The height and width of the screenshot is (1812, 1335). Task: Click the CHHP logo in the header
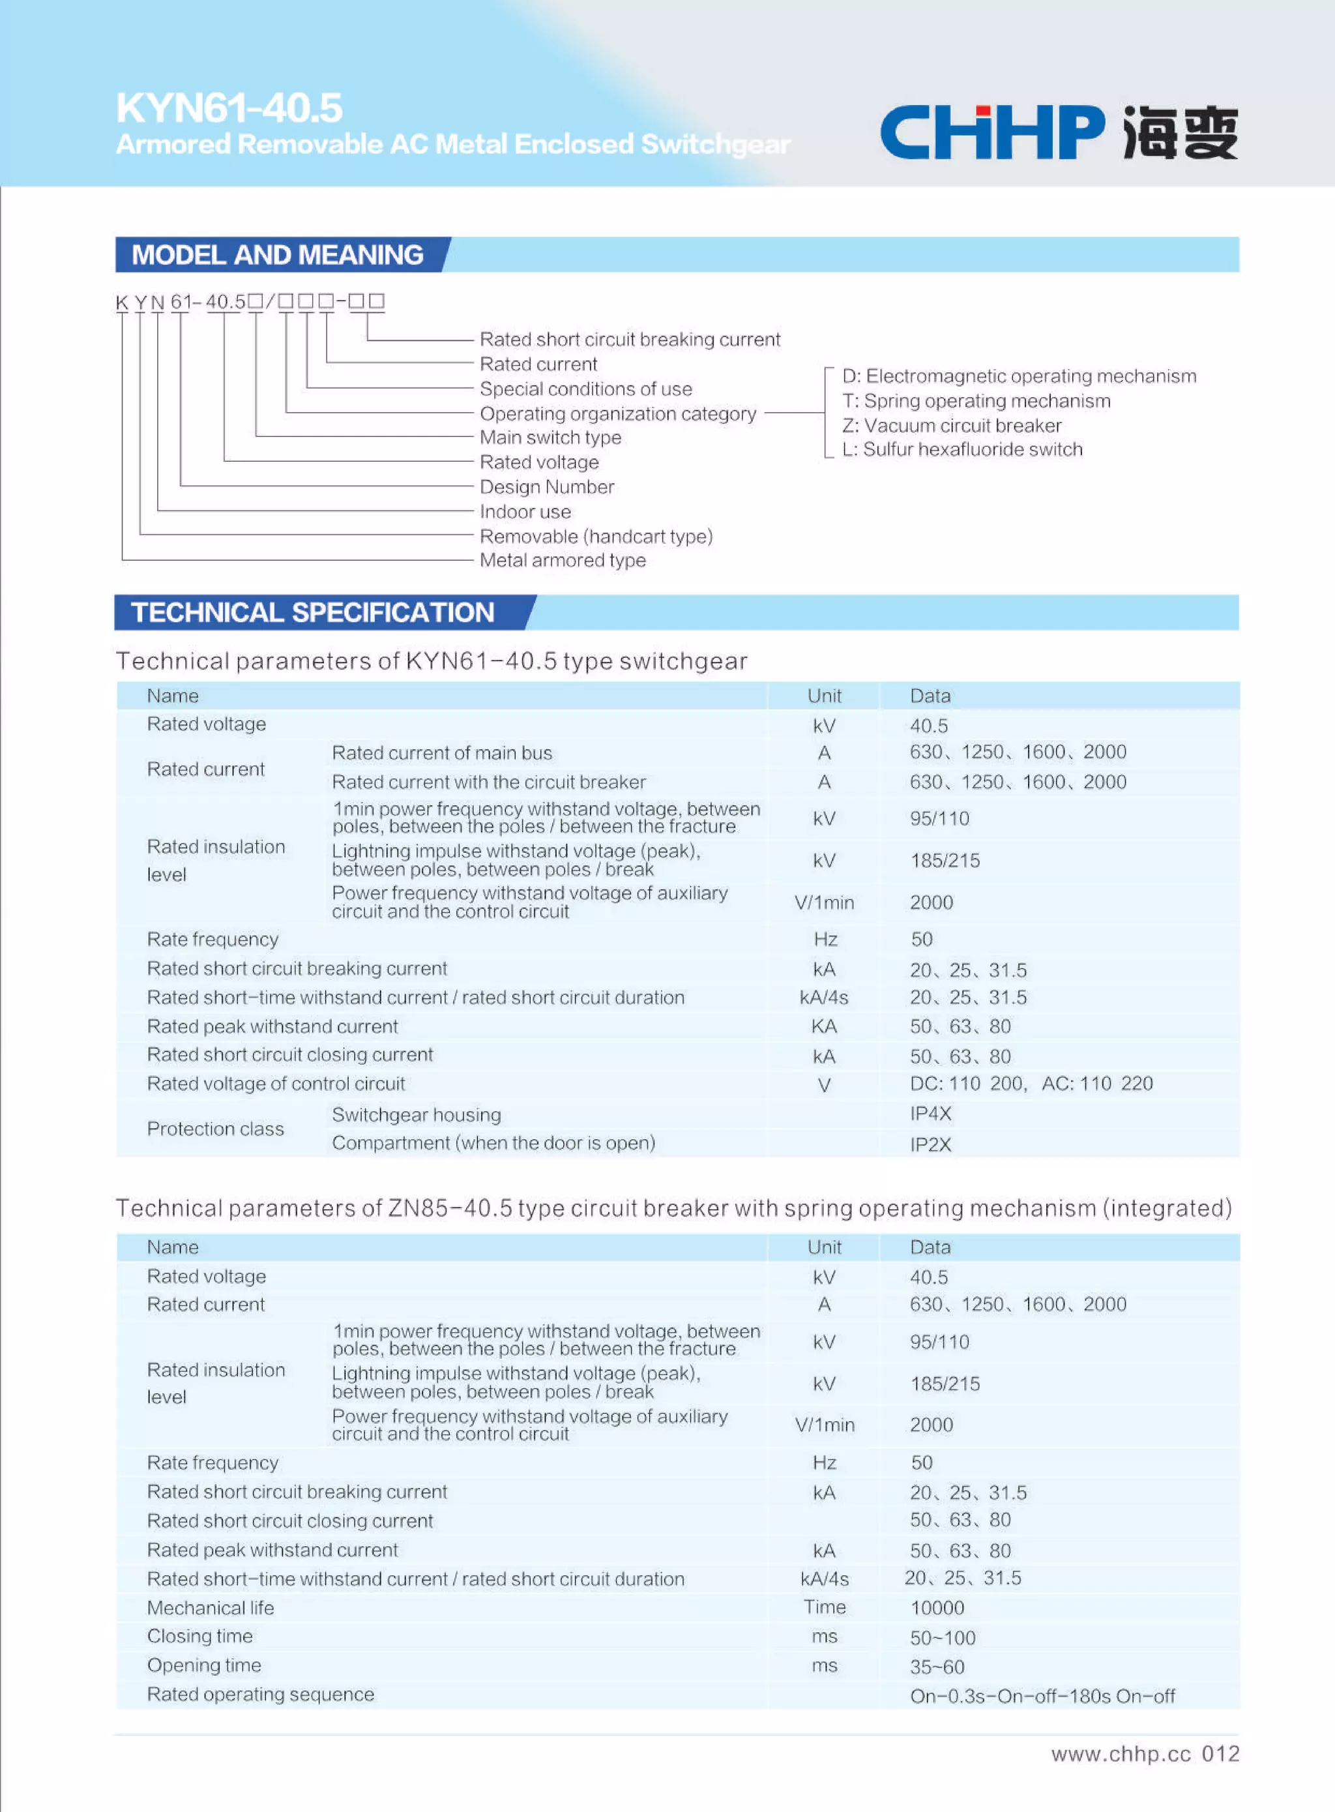coord(1058,132)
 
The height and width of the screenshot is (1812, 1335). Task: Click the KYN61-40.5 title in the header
coord(229,108)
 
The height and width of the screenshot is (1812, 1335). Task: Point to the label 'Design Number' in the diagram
coord(546,487)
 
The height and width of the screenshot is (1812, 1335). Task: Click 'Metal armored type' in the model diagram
coord(563,561)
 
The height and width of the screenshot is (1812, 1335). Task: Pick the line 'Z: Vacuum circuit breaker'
coord(951,426)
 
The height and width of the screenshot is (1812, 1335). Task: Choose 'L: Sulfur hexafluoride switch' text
coord(961,450)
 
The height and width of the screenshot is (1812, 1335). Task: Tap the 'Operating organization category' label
coord(617,414)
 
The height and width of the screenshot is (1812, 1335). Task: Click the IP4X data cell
coord(930,1114)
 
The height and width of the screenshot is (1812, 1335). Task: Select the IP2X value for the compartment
coord(930,1144)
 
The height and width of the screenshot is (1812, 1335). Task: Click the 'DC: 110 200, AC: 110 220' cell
coord(1031,1084)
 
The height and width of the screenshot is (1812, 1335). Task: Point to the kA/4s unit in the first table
coord(823,998)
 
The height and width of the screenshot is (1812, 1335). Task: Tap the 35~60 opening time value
coord(937,1667)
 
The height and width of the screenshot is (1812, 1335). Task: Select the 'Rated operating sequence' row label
coord(260,1695)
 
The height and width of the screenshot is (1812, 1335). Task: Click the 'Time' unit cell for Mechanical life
coord(825,1607)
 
